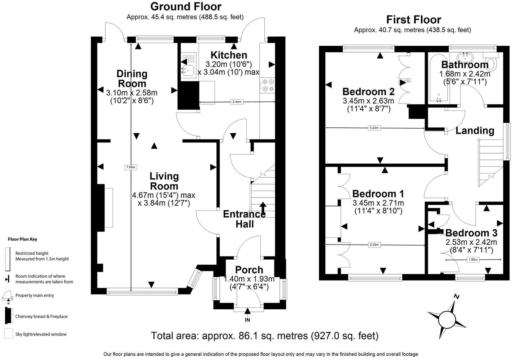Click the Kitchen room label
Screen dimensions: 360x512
229,55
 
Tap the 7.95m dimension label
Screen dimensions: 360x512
131,167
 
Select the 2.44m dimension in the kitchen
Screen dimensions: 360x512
237,102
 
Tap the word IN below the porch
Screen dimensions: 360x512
247,320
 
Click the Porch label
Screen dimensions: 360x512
249,270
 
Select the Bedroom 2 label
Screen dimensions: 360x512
368,91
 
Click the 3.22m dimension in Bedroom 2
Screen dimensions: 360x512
374,128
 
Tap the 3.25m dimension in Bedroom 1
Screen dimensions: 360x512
374,245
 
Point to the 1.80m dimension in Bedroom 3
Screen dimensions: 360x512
473,259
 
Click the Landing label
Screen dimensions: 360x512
475,131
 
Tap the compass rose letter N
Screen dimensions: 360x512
457,297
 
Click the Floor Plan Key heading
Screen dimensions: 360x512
23,239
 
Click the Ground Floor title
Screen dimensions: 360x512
186,6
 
